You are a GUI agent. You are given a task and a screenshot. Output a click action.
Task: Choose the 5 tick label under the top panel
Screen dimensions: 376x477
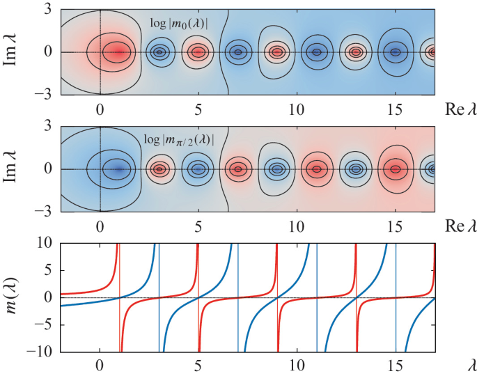(x=198, y=109)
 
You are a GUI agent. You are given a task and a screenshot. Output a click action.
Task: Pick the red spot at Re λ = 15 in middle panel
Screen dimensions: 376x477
(x=396, y=169)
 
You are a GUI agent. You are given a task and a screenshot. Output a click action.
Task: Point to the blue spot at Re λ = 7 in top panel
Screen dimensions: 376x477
(x=238, y=52)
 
